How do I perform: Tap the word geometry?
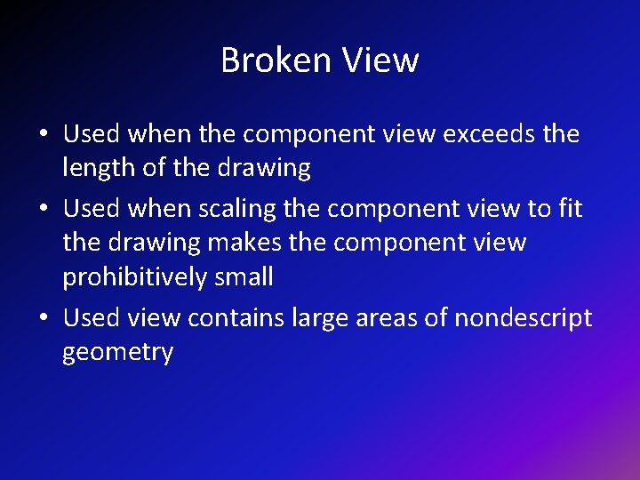pos(117,352)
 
